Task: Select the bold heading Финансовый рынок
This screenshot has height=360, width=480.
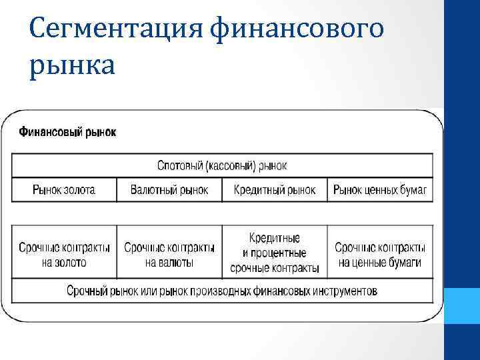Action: coord(67,132)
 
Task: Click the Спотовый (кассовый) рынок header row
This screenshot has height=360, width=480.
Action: coord(222,165)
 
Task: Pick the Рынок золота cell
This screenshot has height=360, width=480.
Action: coord(64,190)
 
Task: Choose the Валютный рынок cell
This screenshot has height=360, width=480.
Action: coord(169,190)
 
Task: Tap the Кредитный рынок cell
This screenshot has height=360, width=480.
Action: coord(275,190)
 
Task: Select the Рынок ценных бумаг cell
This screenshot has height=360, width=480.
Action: coord(380,190)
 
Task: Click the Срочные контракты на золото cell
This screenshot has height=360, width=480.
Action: coord(64,255)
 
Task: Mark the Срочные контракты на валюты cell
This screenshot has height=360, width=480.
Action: coord(169,255)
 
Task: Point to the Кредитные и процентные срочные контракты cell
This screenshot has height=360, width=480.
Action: coord(275,253)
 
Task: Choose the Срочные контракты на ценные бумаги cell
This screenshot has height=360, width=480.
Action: coord(380,255)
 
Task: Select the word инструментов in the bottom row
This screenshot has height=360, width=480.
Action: coord(343,291)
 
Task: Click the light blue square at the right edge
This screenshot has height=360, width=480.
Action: coord(461,306)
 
